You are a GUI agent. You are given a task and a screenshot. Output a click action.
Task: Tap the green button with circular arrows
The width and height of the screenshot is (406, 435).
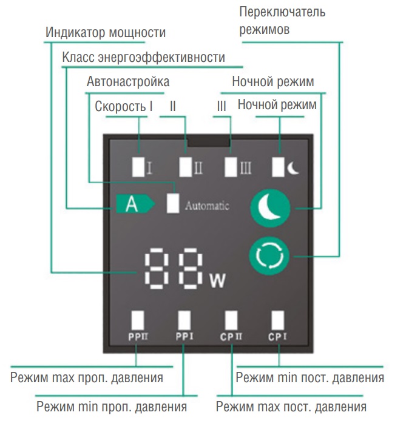[266, 257]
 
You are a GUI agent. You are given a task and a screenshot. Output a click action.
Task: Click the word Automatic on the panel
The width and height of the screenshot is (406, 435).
[207, 206]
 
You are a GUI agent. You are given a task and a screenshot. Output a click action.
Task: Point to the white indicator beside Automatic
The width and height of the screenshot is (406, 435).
[174, 203]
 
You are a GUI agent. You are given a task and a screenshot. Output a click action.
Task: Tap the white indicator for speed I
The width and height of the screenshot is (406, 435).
[138, 166]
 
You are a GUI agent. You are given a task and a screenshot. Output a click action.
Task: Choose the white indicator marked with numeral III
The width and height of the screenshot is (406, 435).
[231, 166]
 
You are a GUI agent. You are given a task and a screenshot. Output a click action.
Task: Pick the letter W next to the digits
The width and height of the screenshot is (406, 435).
[217, 281]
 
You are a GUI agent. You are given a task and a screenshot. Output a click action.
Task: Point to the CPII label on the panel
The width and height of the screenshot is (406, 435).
[231, 336]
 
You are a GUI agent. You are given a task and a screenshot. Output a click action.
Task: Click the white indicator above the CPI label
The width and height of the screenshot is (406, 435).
[278, 319]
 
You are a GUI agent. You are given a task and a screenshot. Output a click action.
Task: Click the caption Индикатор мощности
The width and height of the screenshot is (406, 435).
[106, 33]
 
